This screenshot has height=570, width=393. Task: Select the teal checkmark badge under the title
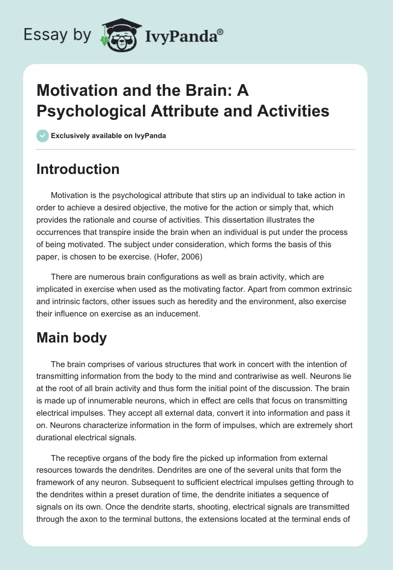point(43,135)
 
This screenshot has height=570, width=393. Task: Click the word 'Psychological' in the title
point(88,111)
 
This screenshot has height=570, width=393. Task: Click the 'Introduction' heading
point(78,169)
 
